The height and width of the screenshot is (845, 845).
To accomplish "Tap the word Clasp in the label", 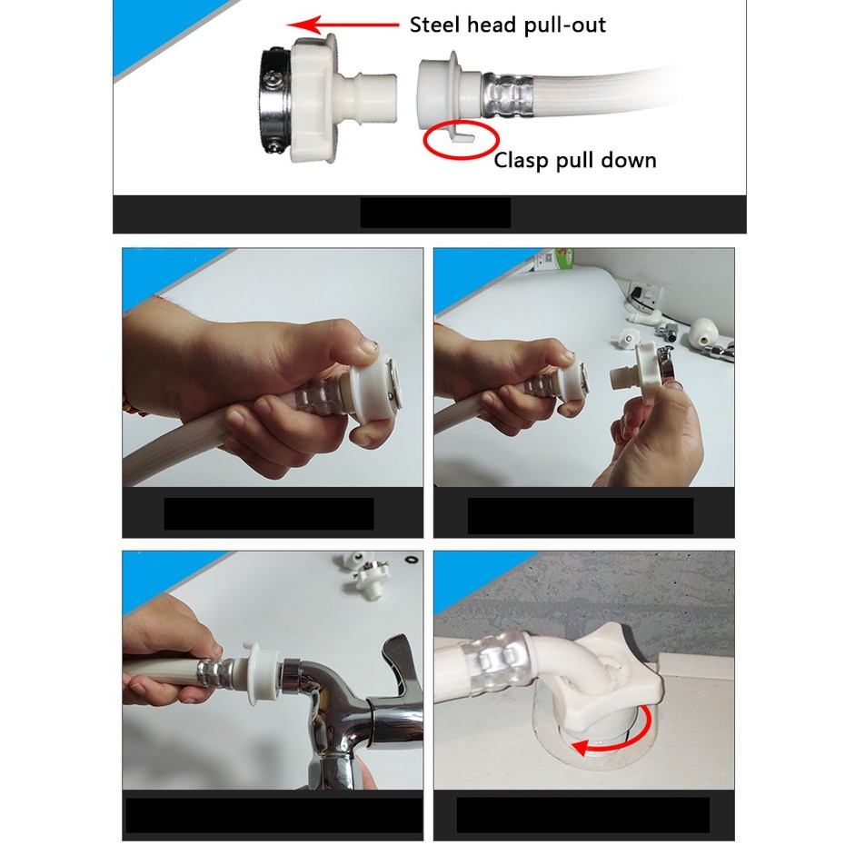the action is click(x=522, y=161).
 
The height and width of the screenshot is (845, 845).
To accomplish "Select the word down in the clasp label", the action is click(x=629, y=160).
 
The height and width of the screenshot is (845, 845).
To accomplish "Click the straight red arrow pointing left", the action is click(x=343, y=25).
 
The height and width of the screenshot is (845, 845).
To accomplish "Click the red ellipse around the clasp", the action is click(x=461, y=139).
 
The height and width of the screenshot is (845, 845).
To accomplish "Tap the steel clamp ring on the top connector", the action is click(x=276, y=103).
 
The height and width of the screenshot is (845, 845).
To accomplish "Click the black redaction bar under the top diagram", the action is click(x=435, y=213).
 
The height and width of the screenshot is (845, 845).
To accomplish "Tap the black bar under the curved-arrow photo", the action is click(x=582, y=814).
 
